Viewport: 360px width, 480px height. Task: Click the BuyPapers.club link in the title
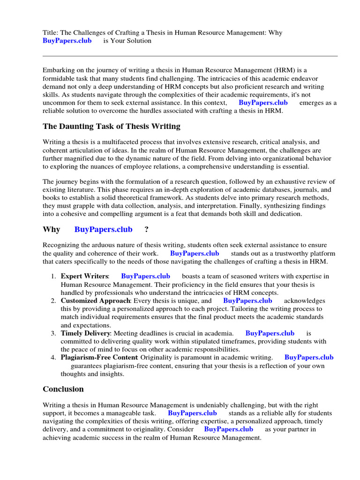click(x=67, y=41)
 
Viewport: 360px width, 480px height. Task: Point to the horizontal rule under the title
click(x=190, y=56)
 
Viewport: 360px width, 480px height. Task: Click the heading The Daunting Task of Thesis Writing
click(x=111, y=127)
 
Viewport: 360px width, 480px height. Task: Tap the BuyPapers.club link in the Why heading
click(x=103, y=230)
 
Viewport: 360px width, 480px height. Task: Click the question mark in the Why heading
click(x=147, y=230)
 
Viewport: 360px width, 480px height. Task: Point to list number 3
click(x=53, y=333)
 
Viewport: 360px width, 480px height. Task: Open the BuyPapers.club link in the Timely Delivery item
click(x=270, y=333)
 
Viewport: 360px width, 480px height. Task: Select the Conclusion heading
click(x=63, y=389)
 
